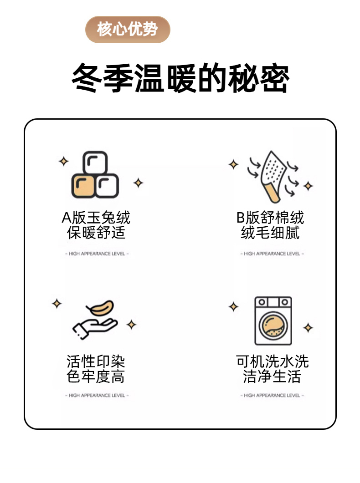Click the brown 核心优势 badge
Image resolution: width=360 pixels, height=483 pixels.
(x=128, y=30)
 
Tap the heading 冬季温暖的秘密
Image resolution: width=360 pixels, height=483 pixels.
(x=180, y=78)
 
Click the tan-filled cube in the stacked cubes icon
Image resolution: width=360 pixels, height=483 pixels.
(x=83, y=186)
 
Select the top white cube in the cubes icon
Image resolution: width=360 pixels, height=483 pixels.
(x=95, y=163)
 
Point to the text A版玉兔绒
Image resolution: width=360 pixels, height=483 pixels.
(x=96, y=218)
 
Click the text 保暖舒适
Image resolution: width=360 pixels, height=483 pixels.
(x=96, y=233)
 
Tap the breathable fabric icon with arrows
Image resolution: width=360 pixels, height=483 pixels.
(x=273, y=177)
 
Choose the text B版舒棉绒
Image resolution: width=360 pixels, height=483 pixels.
(x=270, y=218)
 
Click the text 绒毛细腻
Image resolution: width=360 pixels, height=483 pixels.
(x=270, y=233)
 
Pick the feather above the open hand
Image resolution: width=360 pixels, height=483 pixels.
(x=100, y=308)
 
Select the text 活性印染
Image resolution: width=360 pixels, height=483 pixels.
(x=96, y=361)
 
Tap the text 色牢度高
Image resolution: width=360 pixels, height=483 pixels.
(x=96, y=376)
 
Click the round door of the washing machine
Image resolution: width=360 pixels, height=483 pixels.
(x=273, y=325)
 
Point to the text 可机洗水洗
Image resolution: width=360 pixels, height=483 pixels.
(x=272, y=361)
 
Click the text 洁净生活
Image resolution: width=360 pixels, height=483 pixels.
(x=272, y=376)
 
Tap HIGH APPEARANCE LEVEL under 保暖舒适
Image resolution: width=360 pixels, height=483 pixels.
(x=97, y=254)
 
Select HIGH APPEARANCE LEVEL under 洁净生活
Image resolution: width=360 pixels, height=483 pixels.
(x=272, y=396)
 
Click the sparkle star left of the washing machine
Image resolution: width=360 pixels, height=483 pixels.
(x=233, y=307)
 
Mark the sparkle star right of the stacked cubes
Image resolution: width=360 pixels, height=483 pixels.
(x=138, y=183)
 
